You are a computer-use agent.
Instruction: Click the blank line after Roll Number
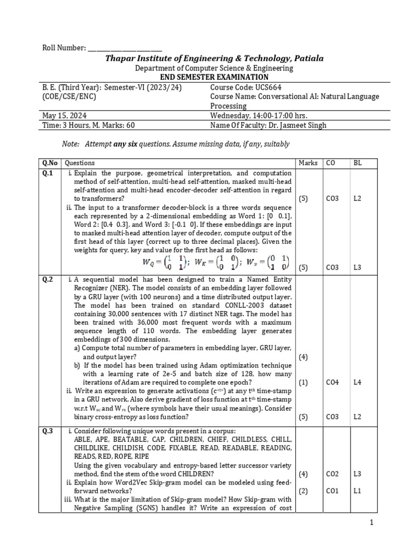point(124,49)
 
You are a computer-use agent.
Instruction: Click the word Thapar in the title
point(121,59)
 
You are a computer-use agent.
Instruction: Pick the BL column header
point(357,163)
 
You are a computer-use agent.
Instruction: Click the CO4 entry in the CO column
point(332,382)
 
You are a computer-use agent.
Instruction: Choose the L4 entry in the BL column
point(357,382)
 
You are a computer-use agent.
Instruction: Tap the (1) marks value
point(303,382)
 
